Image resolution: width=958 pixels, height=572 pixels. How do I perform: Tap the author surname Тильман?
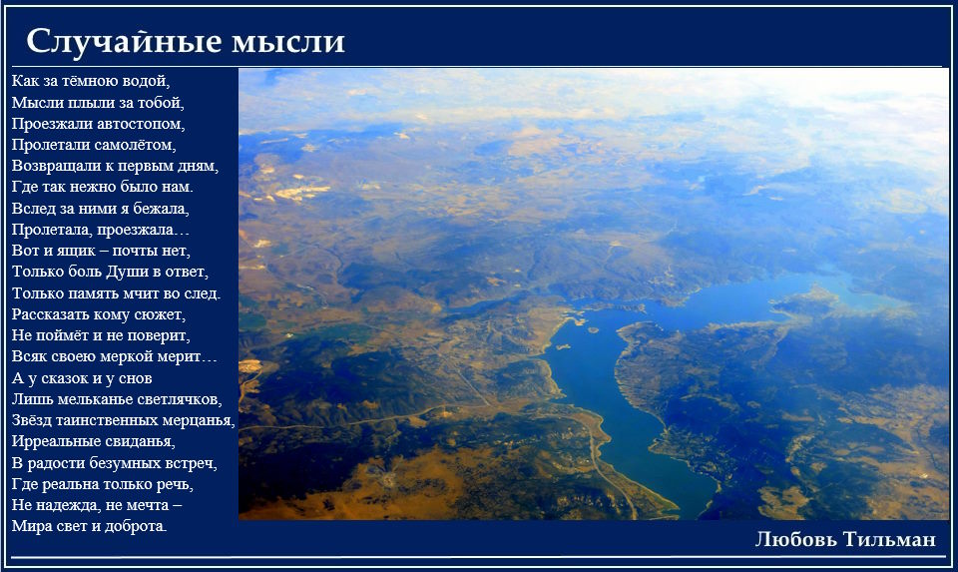click(x=889, y=540)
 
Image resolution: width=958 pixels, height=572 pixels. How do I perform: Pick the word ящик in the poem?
click(x=76, y=251)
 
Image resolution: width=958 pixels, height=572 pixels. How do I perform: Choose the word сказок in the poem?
click(x=66, y=378)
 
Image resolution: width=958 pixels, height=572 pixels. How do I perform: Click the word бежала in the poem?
click(x=161, y=209)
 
